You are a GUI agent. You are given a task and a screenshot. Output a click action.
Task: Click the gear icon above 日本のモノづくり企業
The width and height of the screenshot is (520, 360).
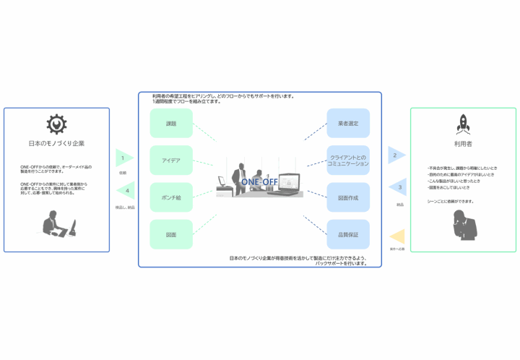click(56, 124)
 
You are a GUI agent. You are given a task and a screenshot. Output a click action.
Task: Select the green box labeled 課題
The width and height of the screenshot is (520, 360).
click(171, 124)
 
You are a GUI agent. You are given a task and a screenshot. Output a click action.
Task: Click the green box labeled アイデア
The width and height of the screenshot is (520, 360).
click(171, 160)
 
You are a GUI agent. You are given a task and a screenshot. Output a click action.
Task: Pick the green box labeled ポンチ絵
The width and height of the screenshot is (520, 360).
click(171, 197)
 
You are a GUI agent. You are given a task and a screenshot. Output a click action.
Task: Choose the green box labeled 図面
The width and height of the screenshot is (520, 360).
click(171, 234)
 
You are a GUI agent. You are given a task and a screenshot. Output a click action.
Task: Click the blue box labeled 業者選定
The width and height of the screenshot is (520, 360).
click(348, 124)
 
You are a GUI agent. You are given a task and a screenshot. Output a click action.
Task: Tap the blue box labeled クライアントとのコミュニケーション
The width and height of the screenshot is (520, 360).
click(348, 160)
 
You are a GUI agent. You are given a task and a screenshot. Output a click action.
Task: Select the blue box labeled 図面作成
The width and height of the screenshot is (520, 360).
click(348, 197)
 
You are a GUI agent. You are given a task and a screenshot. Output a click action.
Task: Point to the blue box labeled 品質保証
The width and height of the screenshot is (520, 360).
click(348, 234)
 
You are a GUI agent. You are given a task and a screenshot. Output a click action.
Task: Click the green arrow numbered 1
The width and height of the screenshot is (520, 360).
click(123, 158)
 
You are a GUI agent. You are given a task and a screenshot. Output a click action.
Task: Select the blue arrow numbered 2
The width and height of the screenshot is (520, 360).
click(396, 155)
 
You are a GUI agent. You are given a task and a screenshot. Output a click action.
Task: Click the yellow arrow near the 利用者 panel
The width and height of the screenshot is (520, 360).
click(396, 236)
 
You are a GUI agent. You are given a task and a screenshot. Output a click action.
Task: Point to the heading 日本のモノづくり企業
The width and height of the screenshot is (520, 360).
click(56, 143)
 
